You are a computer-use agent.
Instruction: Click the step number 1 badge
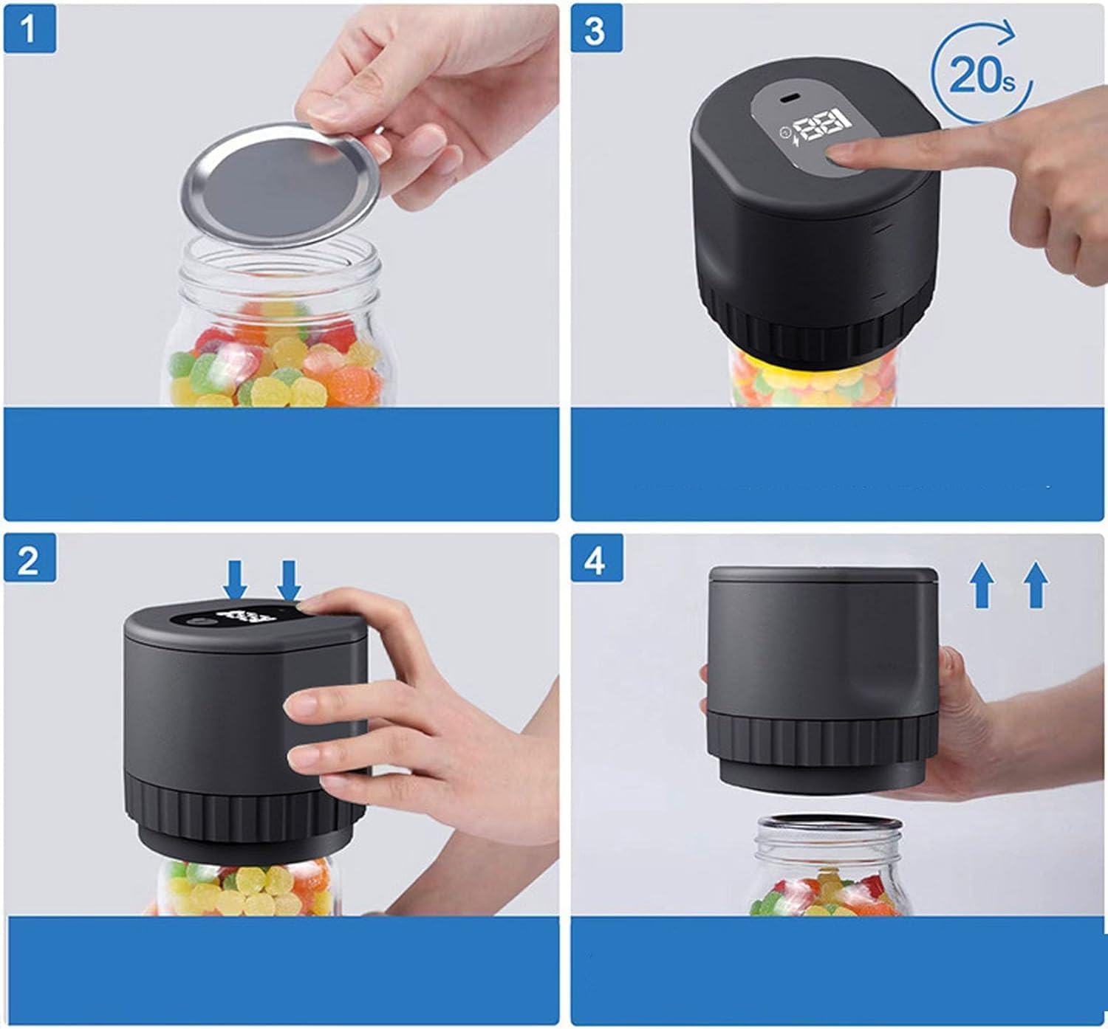[30, 29]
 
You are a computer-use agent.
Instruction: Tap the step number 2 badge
[30, 558]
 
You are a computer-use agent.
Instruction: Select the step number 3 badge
[596, 28]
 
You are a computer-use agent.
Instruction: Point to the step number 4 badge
[597, 558]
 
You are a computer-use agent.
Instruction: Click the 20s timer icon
[982, 72]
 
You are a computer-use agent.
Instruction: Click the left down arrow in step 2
[235, 579]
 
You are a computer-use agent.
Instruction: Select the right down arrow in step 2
[289, 581]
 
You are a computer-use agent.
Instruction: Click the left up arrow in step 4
[982, 585]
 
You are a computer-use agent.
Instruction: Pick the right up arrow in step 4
[1036, 585]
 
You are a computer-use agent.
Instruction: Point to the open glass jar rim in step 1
[279, 262]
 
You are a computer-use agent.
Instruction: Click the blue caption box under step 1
[281, 464]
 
